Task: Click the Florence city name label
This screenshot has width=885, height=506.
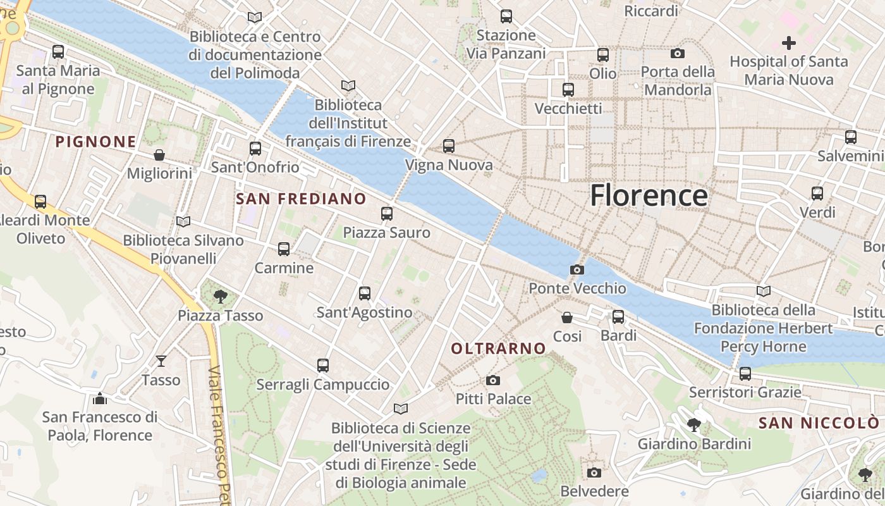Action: pyautogui.click(x=649, y=195)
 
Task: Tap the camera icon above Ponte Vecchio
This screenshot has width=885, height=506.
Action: pyautogui.click(x=577, y=270)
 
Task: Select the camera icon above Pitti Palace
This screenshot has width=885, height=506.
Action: pyautogui.click(x=493, y=380)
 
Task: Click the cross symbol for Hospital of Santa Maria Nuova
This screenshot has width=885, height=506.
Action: pyautogui.click(x=788, y=43)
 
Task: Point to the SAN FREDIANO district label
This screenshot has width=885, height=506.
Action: pyautogui.click(x=301, y=199)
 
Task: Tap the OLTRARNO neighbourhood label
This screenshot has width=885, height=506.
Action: pyautogui.click(x=499, y=348)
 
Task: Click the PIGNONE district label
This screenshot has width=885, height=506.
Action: pyautogui.click(x=96, y=142)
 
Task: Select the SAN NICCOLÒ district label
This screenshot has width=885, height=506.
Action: pyautogui.click(x=819, y=423)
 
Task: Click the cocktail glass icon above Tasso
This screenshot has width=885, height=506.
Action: pyautogui.click(x=161, y=361)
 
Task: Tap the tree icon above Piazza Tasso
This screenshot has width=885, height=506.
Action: pyautogui.click(x=220, y=295)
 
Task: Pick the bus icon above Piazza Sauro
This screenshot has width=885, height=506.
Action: pyautogui.click(x=387, y=214)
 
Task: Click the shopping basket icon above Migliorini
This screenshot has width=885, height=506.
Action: pyautogui.click(x=159, y=155)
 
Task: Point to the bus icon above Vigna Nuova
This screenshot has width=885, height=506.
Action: pyautogui.click(x=449, y=146)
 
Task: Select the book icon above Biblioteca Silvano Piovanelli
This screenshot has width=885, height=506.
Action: pyautogui.click(x=183, y=221)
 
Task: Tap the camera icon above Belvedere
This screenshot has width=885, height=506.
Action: pyautogui.click(x=594, y=472)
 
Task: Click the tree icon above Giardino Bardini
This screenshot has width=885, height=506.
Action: pyautogui.click(x=694, y=425)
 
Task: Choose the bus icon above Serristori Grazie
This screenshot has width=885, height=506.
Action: pyautogui.click(x=745, y=374)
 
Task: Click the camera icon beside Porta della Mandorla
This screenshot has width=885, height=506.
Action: pyautogui.click(x=678, y=54)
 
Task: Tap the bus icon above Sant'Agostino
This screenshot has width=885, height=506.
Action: pyautogui.click(x=365, y=293)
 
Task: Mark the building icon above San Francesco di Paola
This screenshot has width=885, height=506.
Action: pyautogui.click(x=99, y=398)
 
